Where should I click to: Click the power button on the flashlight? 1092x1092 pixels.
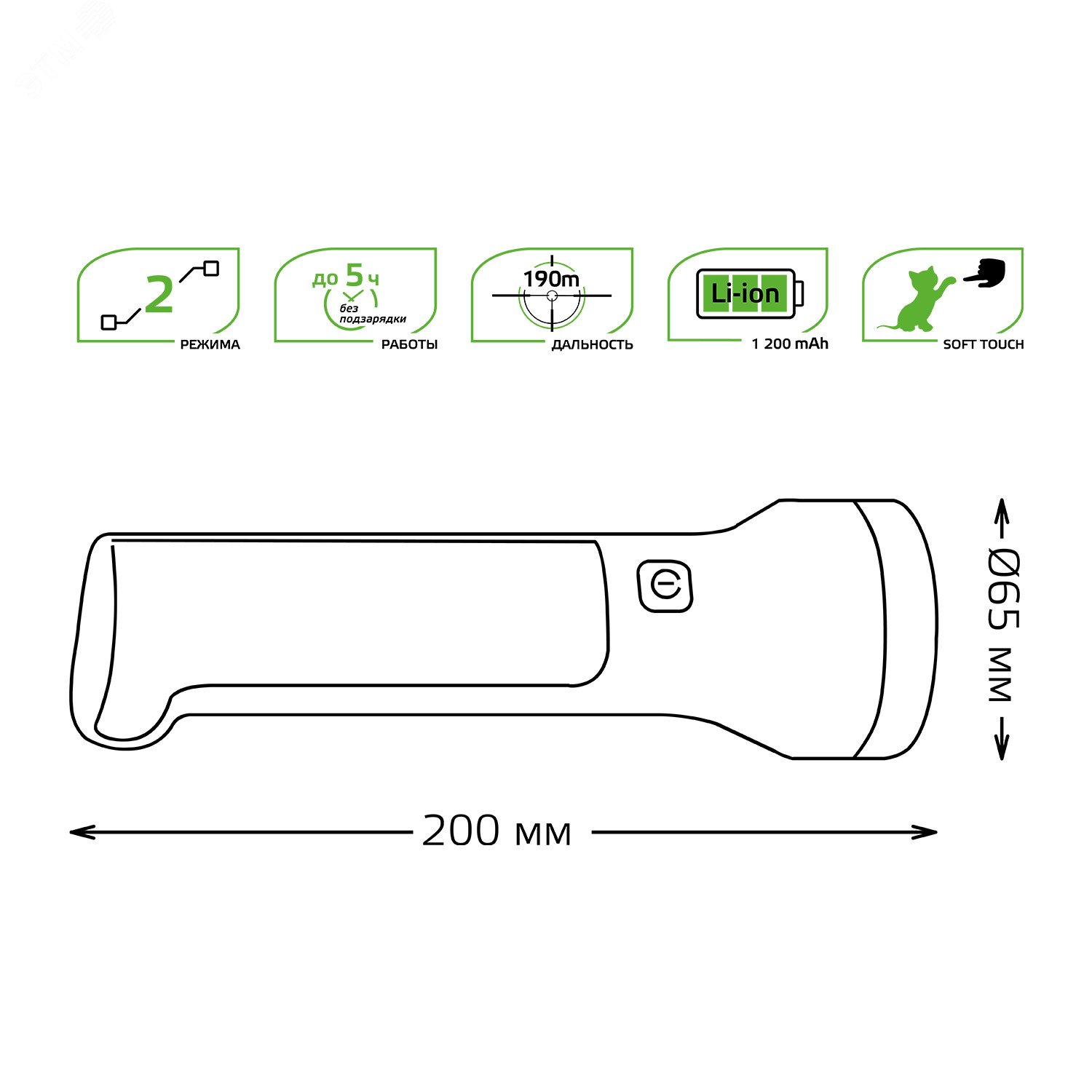[665, 585]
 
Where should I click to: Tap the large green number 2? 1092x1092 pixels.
[159, 295]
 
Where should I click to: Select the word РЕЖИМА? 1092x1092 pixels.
[210, 344]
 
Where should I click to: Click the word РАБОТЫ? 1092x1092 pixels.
[409, 344]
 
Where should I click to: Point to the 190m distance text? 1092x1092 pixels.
[551, 279]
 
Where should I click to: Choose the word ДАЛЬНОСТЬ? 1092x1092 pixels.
[592, 344]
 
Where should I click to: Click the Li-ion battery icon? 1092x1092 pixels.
[749, 293]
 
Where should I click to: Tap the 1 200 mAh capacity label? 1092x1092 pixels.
[790, 344]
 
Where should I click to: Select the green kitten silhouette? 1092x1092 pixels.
[919, 300]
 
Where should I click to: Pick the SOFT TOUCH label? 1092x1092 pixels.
[983, 344]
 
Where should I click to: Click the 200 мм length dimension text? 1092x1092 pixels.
[496, 831]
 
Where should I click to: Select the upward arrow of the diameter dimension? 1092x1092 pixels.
[1002, 510]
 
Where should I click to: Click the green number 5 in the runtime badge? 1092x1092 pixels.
[354, 275]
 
